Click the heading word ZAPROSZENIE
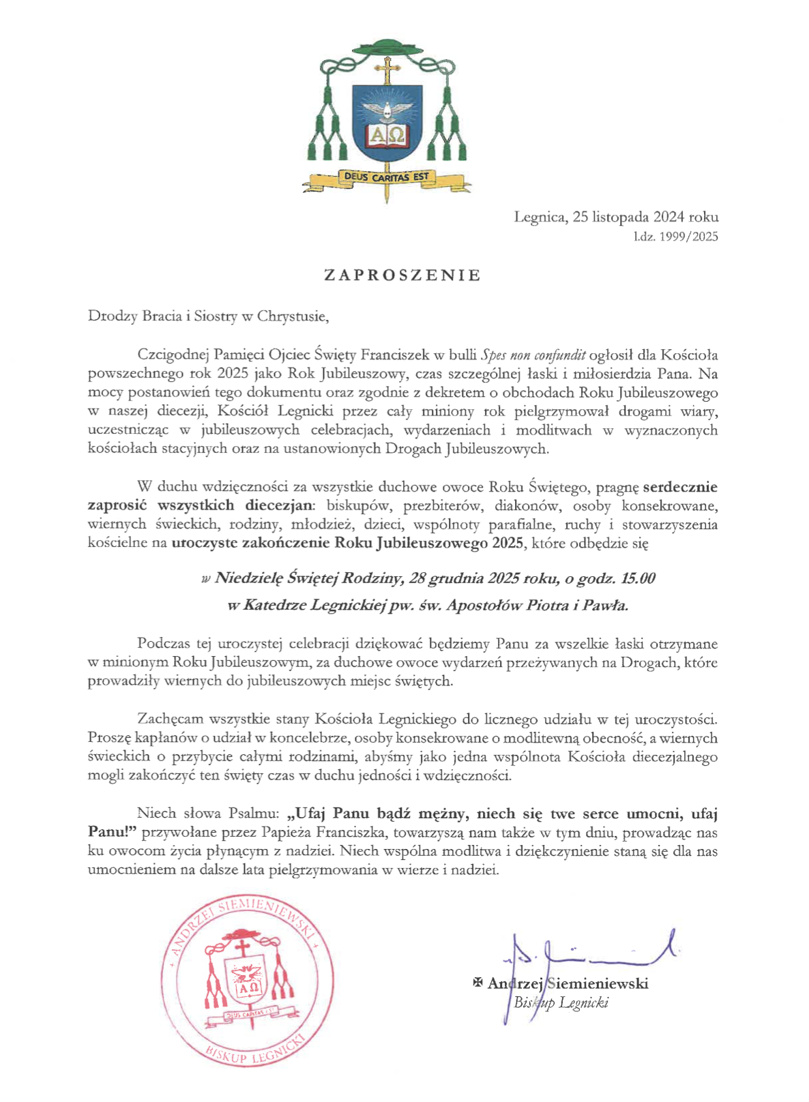point(402,275)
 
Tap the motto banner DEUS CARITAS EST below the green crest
point(386,177)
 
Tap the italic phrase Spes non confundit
point(533,355)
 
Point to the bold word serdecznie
point(680,487)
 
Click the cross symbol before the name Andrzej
point(477,983)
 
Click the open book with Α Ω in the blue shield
point(387,135)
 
